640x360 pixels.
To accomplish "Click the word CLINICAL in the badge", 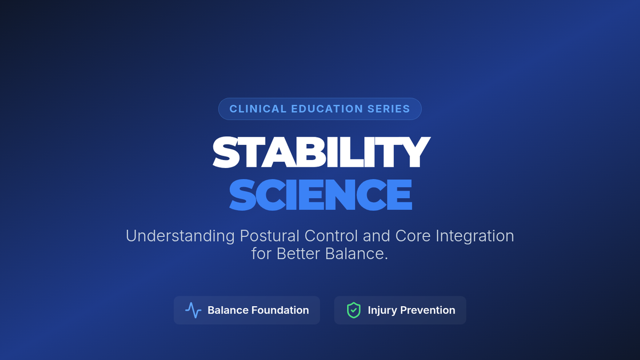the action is click(x=258, y=109).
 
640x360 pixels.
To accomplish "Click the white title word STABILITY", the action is click(x=321, y=152).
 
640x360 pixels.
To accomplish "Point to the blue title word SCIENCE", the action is click(x=321, y=195).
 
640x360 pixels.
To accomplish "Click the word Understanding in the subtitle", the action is click(x=180, y=236).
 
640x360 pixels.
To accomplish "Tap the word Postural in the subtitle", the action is click(x=269, y=236).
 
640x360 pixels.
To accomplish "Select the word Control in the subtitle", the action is click(x=331, y=236).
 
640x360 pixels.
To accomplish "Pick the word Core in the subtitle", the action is click(x=413, y=236).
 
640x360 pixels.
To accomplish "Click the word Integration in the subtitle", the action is click(x=475, y=236).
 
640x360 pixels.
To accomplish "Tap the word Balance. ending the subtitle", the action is click(x=357, y=253).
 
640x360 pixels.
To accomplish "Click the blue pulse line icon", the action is click(x=194, y=310).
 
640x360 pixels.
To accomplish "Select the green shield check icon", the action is click(x=354, y=310).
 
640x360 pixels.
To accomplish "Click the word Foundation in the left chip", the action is click(x=280, y=310).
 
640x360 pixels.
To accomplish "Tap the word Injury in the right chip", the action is click(x=382, y=311).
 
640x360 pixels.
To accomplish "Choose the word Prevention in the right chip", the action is click(x=428, y=310).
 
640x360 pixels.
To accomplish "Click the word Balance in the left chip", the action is click(x=228, y=310).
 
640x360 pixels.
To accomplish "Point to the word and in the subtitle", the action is click(x=377, y=236).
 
